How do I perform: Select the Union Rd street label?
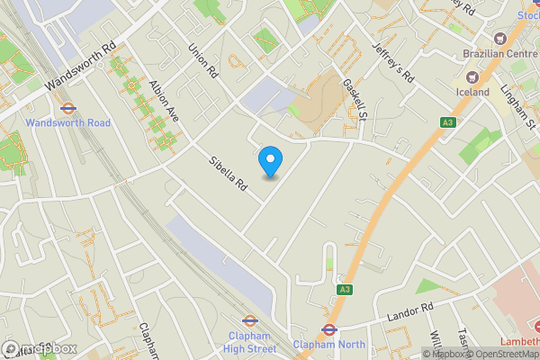pos(204,59)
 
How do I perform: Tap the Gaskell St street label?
pos(356,99)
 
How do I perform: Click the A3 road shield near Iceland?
pos(447,122)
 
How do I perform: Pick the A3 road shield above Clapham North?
pos(345,290)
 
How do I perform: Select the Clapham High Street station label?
pos(250,342)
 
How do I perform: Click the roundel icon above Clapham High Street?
pos(249,319)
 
